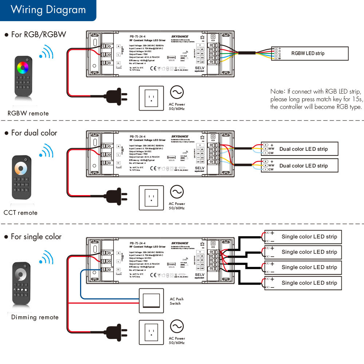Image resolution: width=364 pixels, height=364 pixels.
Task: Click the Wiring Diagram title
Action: click(48, 9)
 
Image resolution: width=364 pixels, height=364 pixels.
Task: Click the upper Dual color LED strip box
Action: click(300, 149)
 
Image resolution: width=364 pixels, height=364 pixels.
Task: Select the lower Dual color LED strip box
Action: click(300, 166)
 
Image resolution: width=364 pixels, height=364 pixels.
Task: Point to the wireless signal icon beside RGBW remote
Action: click(46, 52)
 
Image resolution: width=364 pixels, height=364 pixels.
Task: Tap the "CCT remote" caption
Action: click(20, 213)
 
